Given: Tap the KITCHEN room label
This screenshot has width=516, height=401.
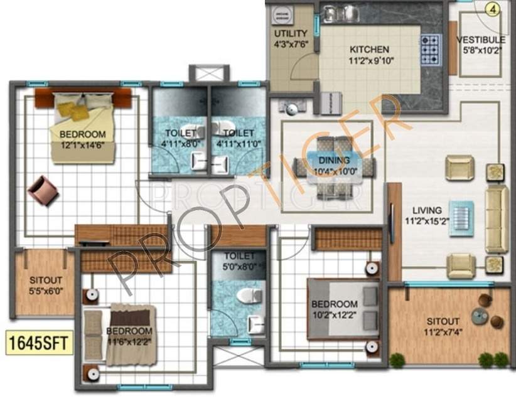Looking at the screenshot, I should click(369, 50).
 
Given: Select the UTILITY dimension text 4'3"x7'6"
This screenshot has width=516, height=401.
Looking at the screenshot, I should click(290, 45).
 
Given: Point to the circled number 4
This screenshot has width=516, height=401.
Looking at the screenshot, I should click(493, 9).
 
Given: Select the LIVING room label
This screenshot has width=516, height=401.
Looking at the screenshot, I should click(426, 210).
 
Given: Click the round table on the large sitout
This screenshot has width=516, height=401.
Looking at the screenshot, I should click(482, 316).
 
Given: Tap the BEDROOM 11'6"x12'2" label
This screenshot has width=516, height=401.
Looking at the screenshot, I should click(129, 336).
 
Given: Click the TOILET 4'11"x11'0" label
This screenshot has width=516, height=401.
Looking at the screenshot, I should click(239, 138).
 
